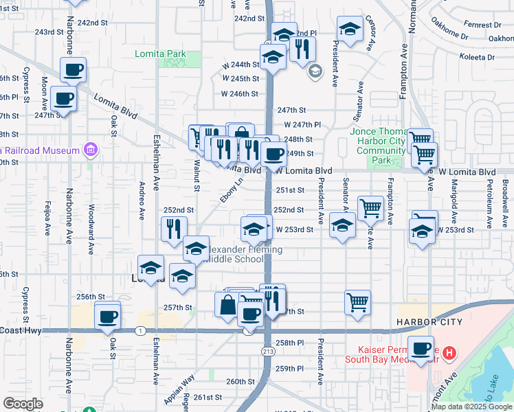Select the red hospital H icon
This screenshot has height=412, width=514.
[449, 354]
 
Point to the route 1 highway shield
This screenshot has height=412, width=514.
[140, 331]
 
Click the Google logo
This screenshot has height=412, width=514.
[23, 404]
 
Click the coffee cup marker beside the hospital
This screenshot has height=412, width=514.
[421, 347]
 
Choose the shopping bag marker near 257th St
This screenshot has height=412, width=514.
[227, 305]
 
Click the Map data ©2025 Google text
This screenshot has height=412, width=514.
[471, 407]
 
